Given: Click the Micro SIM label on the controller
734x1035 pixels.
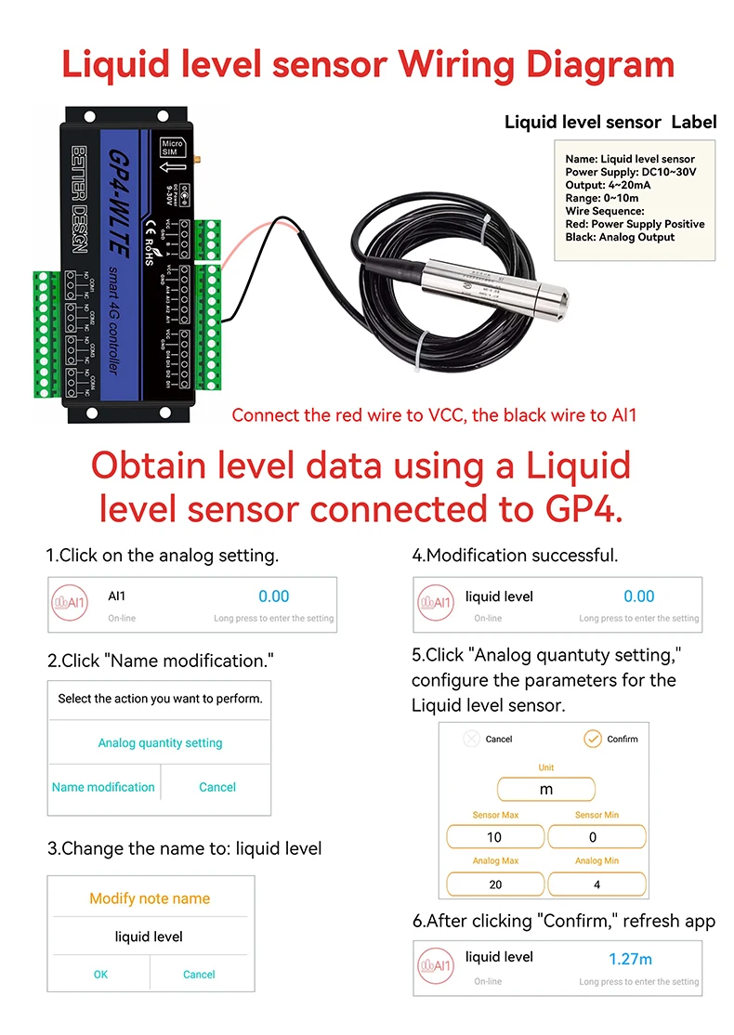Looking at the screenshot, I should click(172, 150).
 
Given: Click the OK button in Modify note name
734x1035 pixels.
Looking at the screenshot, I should click(100, 975).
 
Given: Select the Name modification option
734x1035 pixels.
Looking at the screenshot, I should click(103, 787).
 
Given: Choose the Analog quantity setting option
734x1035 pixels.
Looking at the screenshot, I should click(160, 743).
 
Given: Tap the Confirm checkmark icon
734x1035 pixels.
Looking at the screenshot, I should click(592, 739).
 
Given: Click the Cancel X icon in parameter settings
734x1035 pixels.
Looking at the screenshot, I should click(471, 739).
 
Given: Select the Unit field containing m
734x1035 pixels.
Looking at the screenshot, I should click(546, 789).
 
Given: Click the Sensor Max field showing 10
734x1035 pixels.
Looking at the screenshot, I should click(494, 837).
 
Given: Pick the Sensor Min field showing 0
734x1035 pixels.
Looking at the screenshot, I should click(596, 837).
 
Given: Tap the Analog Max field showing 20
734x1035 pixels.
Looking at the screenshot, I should click(494, 884).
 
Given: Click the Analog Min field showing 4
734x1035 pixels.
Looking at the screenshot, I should click(596, 884).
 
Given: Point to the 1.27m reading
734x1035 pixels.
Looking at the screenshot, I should click(630, 959).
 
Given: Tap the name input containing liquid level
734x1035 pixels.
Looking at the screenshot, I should click(149, 937).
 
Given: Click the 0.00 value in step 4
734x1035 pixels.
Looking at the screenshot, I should click(639, 596).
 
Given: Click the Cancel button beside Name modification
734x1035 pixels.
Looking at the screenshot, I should click(217, 787).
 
